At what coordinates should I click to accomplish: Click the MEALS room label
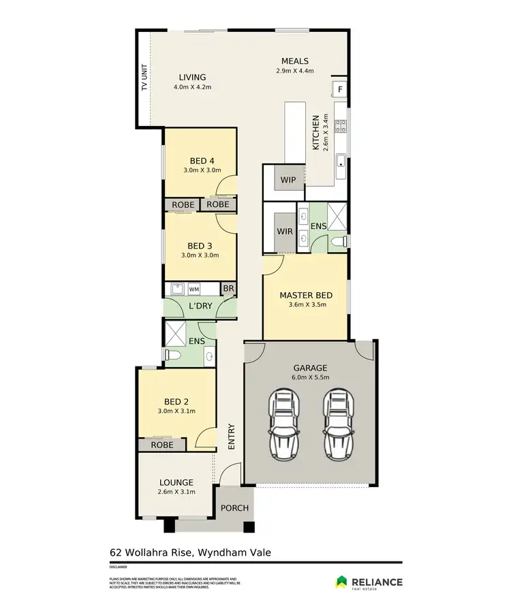pyautogui.click(x=295, y=61)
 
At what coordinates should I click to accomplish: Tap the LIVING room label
pyautogui.click(x=192, y=77)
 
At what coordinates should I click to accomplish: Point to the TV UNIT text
pyautogui.click(x=144, y=78)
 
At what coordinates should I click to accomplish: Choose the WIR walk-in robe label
pyautogui.click(x=285, y=232)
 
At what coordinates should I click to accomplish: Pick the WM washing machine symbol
pyautogui.click(x=194, y=289)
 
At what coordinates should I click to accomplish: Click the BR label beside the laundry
pyautogui.click(x=228, y=289)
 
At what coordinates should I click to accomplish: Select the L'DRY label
pyautogui.click(x=201, y=307)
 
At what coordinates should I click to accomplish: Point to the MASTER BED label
pyautogui.click(x=306, y=295)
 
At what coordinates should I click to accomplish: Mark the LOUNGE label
pyautogui.click(x=177, y=482)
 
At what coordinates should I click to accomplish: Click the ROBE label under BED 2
pyautogui.click(x=162, y=445)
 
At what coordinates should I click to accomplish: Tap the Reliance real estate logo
pyautogui.click(x=369, y=582)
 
